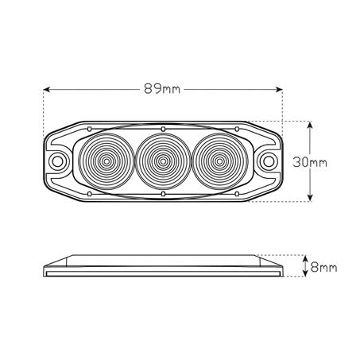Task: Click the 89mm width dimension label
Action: pos(162,88)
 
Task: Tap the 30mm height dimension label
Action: pos(311,161)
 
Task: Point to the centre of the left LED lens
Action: pos(105,161)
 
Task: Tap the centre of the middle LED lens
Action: pos(162,161)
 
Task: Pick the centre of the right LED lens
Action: pos(219,161)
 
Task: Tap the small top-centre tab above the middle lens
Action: pos(162,129)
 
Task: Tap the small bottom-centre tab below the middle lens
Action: pos(162,194)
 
